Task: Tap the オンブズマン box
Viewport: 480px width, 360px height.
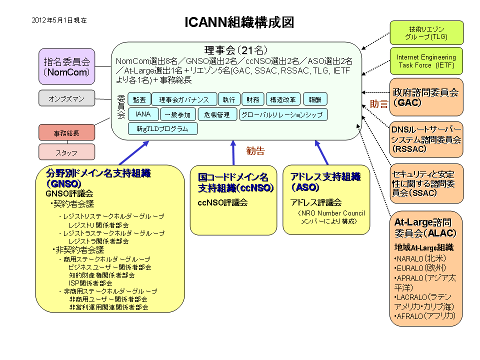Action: pyautogui.click(x=67, y=99)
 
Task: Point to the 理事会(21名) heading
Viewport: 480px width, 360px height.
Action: pyautogui.click(x=237, y=49)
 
